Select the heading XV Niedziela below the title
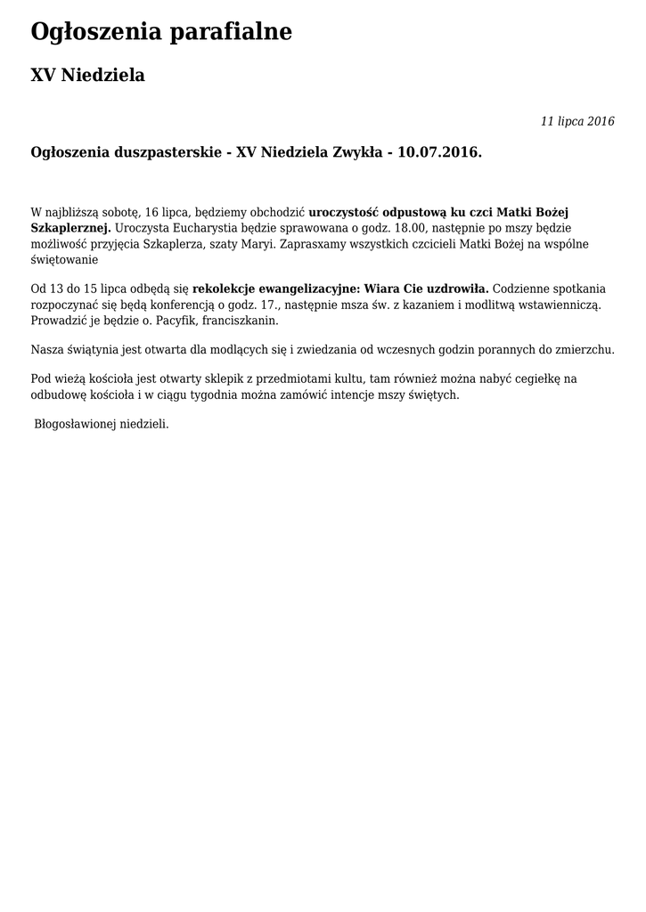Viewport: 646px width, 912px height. point(87,76)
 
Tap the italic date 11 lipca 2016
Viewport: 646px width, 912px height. point(577,122)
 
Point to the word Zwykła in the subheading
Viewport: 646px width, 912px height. point(359,153)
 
